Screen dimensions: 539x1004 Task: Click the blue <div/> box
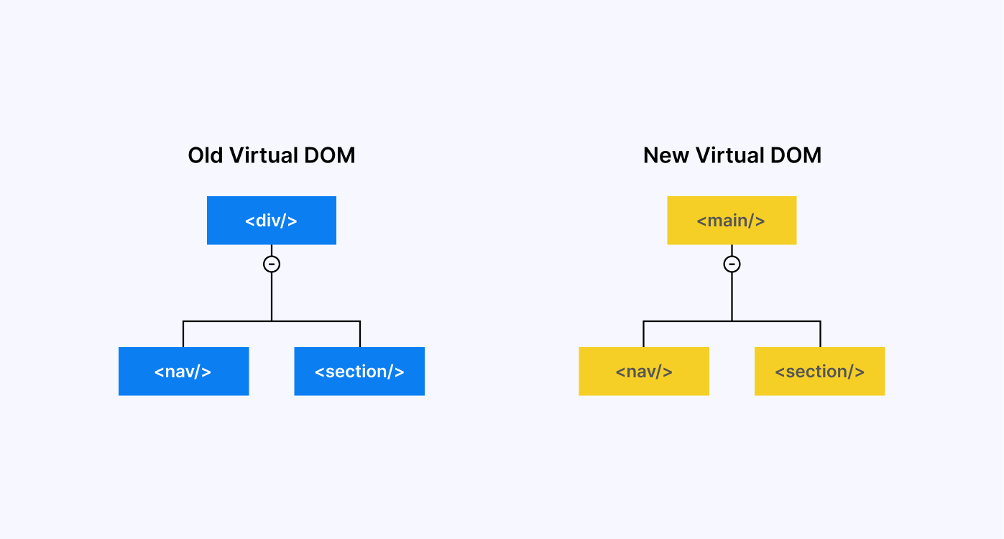click(x=271, y=221)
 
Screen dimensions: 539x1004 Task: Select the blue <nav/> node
click(x=183, y=372)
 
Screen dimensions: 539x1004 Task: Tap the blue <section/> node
click(x=359, y=372)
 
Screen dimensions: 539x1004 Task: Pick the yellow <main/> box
click(x=732, y=221)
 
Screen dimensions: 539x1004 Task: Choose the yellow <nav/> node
click(x=644, y=372)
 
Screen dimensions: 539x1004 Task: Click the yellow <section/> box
click(x=819, y=372)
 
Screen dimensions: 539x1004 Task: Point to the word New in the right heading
click(x=666, y=155)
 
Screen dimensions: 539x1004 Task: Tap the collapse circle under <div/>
click(x=272, y=264)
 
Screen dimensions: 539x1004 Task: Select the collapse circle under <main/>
click(x=732, y=264)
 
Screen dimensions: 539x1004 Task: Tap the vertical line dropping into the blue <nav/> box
click(x=183, y=335)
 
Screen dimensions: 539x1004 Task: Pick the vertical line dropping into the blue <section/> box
click(x=360, y=335)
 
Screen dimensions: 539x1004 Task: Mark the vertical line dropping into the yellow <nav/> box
click(x=643, y=335)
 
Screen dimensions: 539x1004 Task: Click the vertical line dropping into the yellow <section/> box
click(x=820, y=335)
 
